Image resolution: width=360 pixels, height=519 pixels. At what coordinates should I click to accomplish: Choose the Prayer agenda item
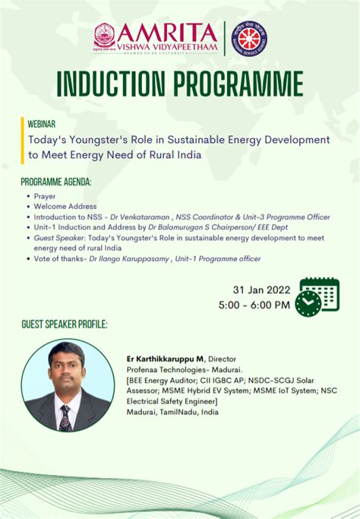pyautogui.click(x=45, y=195)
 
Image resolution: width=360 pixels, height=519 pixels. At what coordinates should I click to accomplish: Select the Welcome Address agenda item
pyautogui.click(x=65, y=206)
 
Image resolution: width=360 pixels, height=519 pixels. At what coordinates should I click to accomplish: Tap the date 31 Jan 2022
pyautogui.click(x=261, y=290)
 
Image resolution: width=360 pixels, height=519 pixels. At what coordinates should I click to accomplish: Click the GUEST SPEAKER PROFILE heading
pyautogui.click(x=65, y=325)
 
